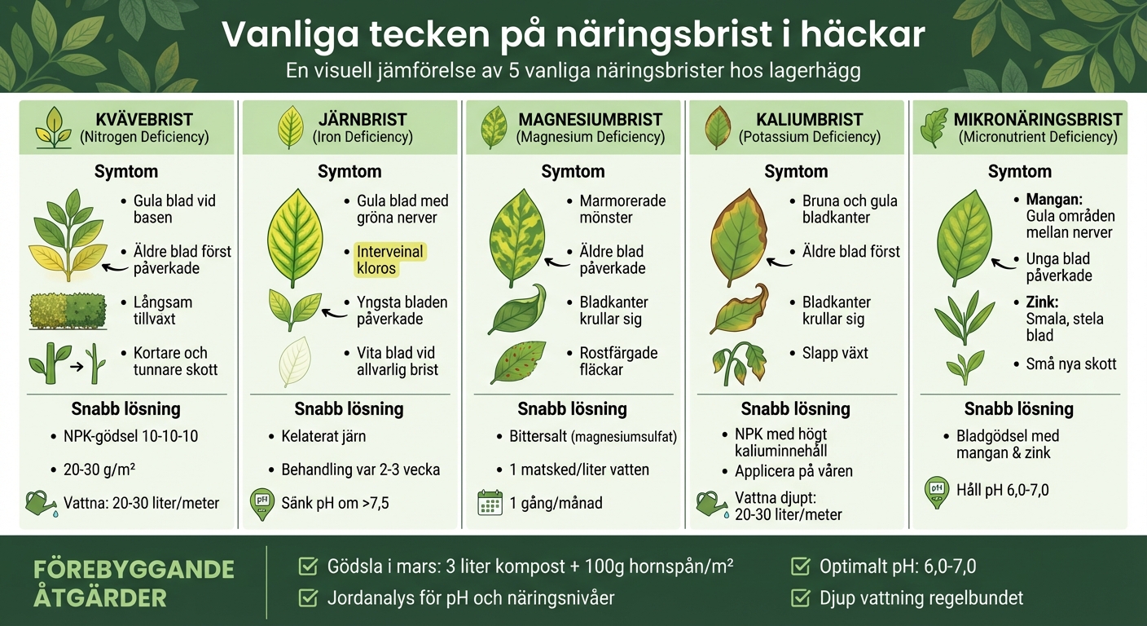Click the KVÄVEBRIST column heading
click(143, 119)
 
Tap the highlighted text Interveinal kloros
click(390, 260)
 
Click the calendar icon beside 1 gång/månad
click(490, 503)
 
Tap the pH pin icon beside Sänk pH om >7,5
click(261, 503)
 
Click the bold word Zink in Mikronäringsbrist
click(1043, 302)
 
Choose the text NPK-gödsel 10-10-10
click(130, 436)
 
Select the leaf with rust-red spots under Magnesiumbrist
click(518, 362)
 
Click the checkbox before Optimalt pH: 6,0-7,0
click(801, 565)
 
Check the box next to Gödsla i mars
click(308, 565)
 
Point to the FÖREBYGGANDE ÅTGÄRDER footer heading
click(134, 583)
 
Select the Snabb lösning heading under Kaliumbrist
click(795, 408)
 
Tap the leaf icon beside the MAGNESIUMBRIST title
click(494, 127)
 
